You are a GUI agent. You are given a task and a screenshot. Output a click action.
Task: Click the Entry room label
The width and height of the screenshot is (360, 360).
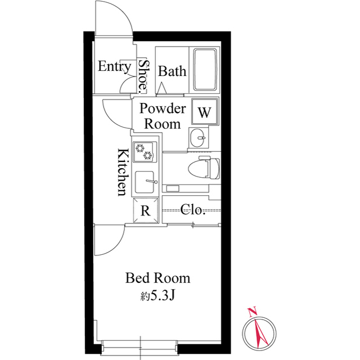(114, 66)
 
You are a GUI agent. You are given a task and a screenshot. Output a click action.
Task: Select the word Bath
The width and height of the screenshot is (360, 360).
(172, 71)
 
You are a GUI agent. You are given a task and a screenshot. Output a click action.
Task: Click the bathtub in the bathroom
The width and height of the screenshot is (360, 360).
(205, 70)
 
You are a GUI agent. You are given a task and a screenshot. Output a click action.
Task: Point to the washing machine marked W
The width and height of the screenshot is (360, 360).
(205, 111)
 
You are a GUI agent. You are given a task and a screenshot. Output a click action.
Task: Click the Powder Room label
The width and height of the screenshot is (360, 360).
(163, 116)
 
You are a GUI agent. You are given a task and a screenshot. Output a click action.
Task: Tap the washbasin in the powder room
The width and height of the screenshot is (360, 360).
(197, 138)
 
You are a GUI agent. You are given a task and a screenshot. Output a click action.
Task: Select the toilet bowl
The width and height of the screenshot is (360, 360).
(204, 168)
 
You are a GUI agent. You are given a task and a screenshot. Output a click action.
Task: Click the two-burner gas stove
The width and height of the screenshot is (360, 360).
(145, 152)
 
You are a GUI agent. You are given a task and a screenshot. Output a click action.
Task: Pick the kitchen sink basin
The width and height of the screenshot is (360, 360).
(145, 182)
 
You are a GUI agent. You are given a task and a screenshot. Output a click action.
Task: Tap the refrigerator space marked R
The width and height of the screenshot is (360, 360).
(146, 210)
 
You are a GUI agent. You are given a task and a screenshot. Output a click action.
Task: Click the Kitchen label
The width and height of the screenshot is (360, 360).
(123, 172)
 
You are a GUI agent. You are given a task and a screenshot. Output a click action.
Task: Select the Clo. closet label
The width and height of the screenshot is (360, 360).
(192, 209)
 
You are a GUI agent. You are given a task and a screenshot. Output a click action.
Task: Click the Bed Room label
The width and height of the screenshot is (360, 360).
(158, 278)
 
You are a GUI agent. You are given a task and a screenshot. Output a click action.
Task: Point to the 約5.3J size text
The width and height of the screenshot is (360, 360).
(158, 296)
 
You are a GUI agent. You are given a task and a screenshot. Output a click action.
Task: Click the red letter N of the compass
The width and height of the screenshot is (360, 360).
(253, 312)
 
